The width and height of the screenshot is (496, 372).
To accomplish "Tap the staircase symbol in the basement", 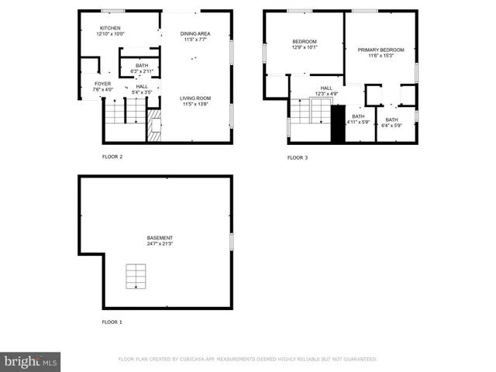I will (136, 276).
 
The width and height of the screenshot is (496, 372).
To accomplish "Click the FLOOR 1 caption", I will (112, 322).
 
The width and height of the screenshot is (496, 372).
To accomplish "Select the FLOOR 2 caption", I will (112, 157).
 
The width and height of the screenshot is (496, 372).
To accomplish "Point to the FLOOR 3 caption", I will (298, 158).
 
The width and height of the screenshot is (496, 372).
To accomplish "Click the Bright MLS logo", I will (30, 361).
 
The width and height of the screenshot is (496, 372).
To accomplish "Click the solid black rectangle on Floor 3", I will (336, 125).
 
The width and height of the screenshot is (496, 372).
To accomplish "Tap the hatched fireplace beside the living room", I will (154, 126).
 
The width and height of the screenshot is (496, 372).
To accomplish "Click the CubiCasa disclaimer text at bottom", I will (247, 360).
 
